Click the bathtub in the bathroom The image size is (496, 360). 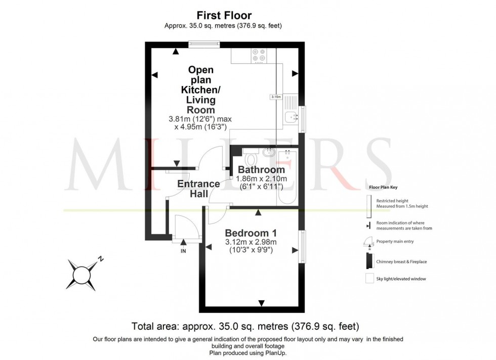click(x=288, y=177)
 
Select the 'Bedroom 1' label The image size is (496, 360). click(x=251, y=233)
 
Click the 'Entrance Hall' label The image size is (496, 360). click(x=198, y=189)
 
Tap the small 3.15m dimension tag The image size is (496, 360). click(x=276, y=97)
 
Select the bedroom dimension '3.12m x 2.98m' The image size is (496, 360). click(x=251, y=242)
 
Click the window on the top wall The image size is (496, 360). click(x=204, y=44)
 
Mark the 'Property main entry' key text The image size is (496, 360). click(x=395, y=242)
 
